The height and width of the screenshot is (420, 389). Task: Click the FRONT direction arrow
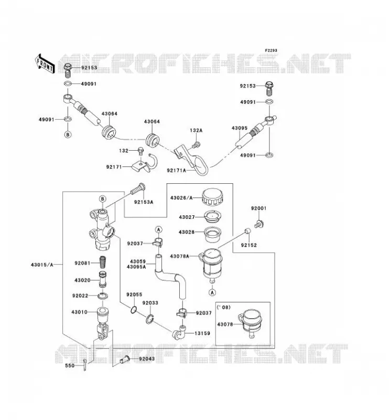[x=45, y=64]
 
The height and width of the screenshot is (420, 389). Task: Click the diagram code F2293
[x=271, y=50]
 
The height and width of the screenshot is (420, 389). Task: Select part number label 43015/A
[x=42, y=265]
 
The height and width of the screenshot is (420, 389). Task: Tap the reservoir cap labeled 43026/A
[x=212, y=197]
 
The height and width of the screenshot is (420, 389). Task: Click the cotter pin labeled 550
[x=84, y=365]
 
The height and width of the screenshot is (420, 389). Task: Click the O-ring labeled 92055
[x=134, y=310]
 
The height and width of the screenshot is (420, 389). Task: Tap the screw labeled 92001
[x=259, y=224]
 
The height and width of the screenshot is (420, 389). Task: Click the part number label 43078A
[x=179, y=256]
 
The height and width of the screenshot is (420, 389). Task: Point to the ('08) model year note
[x=223, y=307]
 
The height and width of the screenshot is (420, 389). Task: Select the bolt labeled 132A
[x=197, y=145]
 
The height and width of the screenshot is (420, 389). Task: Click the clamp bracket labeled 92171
[x=145, y=164]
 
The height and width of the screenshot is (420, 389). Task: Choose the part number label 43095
[x=240, y=128]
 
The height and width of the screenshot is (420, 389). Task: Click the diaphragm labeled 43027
[x=213, y=217]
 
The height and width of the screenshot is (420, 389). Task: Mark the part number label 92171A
[x=176, y=170]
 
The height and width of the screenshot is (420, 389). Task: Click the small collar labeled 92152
[x=248, y=231]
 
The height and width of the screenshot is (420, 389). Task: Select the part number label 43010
[x=79, y=312]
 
